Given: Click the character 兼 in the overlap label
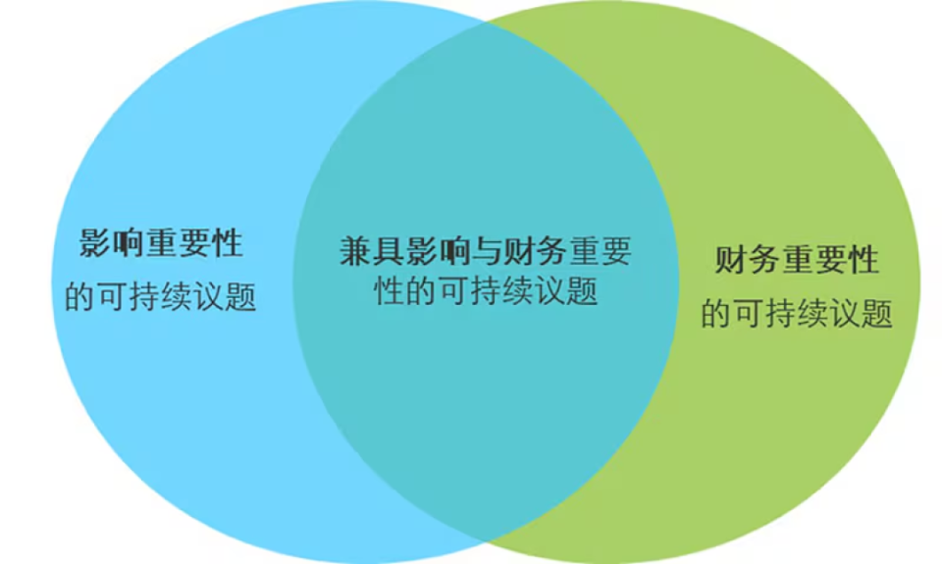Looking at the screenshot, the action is click(x=355, y=252).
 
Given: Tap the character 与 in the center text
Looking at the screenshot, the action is click(x=485, y=252).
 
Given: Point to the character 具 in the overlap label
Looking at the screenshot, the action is click(x=388, y=252).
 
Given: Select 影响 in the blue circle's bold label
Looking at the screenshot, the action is click(x=112, y=243).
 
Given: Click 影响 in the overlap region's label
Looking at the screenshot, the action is click(x=436, y=252).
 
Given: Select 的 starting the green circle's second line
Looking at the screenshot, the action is click(x=715, y=315).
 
